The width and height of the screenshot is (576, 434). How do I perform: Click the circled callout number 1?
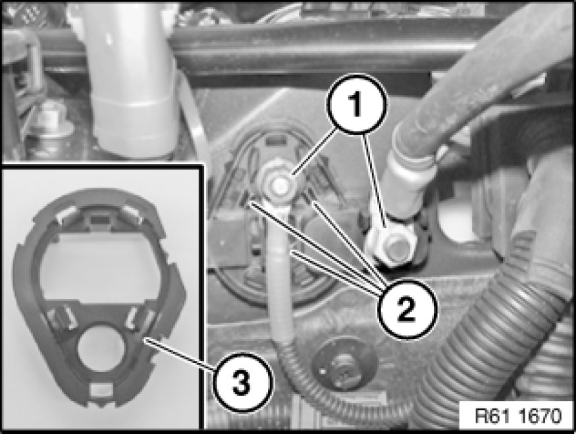[x=357, y=104]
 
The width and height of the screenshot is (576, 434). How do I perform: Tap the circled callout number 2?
[x=407, y=309]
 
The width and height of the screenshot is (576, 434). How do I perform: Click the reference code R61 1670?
[x=518, y=416]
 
